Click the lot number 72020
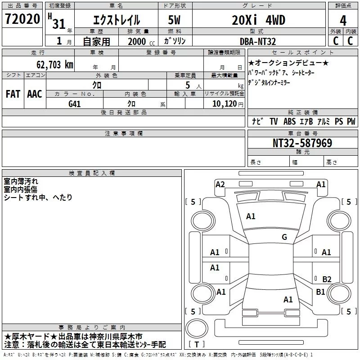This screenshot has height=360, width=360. tap(22, 19)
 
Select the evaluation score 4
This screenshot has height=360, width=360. tap(343, 20)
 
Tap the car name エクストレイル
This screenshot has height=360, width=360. tap(116, 20)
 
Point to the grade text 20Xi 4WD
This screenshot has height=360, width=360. tap(259, 20)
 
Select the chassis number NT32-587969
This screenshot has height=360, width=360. tap(302, 143)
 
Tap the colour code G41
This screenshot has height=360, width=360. tap(75, 103)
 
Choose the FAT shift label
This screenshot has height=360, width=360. tap(13, 94)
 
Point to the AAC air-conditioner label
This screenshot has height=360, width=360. tap(35, 94)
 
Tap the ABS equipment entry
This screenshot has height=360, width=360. tap(289, 121)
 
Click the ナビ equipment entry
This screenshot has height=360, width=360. tap(257, 121)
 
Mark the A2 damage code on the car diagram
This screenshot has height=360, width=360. tap(220, 184)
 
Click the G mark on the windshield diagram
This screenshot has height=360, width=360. tap(284, 237)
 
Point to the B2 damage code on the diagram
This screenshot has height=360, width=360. tap(327, 279)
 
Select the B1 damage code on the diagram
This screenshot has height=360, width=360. tap(320, 292)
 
